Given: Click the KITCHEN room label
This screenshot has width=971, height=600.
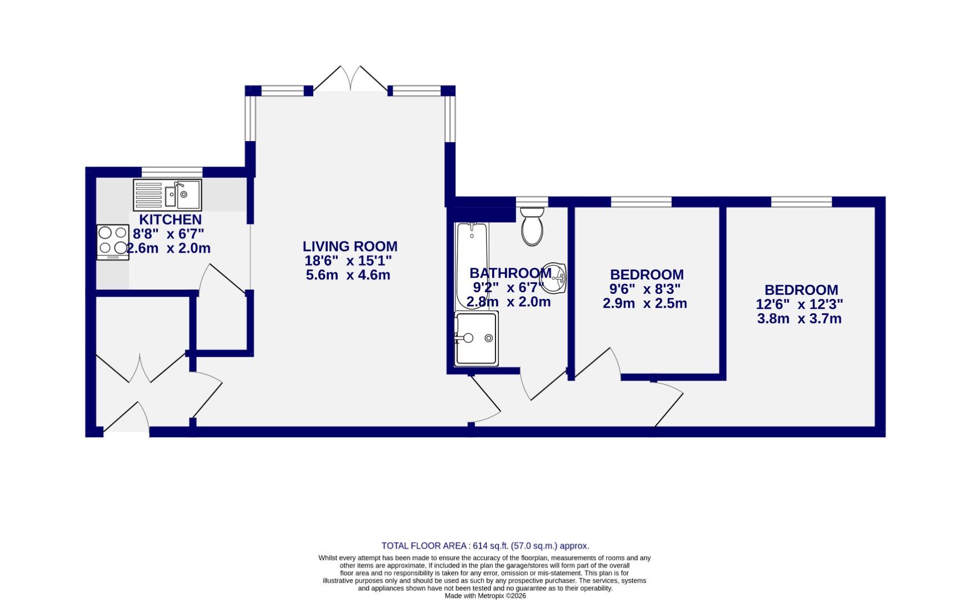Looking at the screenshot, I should tap(170, 219).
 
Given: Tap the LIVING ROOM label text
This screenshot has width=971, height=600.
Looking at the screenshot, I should tap(350, 246).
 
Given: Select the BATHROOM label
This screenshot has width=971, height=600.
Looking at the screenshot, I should tap(510, 273).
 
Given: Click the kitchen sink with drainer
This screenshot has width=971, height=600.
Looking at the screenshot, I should tap(167, 194).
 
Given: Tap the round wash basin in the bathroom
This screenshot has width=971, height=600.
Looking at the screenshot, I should tap(553, 278).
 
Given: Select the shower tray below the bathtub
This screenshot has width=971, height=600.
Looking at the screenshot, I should tap(476, 338).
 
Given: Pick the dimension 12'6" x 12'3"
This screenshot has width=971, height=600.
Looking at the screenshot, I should tap(799, 304).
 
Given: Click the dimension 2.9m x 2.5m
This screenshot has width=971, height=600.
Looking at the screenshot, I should tap(645, 303).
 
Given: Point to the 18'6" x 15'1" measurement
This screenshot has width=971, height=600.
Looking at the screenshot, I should tap(348, 261).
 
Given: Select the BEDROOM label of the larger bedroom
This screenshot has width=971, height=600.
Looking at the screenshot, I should tap(801, 289).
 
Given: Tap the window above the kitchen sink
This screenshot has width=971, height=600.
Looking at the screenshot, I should tap(172, 172).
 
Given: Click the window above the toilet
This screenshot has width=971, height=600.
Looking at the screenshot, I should tap(532, 202).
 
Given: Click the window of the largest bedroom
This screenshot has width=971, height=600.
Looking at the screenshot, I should tap(801, 202).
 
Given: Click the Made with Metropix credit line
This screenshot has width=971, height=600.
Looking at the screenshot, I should tap(485, 596).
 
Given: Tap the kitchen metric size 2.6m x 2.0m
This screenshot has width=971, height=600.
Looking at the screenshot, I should tap(169, 248).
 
